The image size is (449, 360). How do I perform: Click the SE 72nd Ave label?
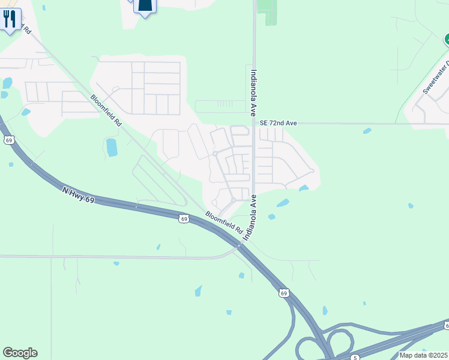[278, 123]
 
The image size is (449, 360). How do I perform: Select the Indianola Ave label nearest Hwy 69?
[249, 217]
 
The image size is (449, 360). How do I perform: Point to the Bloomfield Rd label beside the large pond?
[106, 110]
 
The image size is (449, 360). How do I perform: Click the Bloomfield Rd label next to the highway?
[223, 223]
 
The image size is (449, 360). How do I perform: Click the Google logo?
[20, 353]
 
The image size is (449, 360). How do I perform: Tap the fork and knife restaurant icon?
[10, 20]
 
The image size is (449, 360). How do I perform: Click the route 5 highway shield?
[355, 358]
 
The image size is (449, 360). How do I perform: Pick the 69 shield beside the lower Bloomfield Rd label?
[184, 219]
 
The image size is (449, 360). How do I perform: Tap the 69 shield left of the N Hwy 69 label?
[8, 140]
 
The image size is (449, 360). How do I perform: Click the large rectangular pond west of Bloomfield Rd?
[112, 148]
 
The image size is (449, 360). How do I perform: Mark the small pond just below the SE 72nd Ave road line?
[367, 130]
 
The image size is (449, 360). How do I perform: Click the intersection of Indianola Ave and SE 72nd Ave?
[254, 124]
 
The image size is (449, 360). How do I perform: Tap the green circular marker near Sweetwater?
[447, 40]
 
